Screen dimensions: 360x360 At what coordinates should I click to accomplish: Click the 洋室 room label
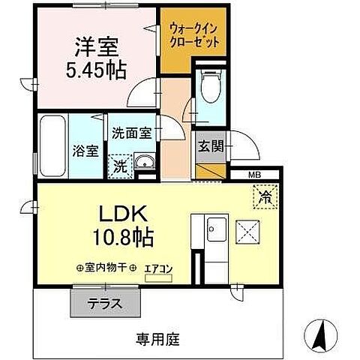[x=96, y=46]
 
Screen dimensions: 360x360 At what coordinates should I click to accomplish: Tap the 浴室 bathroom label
[x=85, y=150]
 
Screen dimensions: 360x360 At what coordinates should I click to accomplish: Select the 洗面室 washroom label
[x=132, y=133]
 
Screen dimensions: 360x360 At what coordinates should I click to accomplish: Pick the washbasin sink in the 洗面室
[x=144, y=163]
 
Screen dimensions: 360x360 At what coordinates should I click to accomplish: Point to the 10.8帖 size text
[x=122, y=238]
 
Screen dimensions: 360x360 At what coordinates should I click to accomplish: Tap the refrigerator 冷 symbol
[x=265, y=198]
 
